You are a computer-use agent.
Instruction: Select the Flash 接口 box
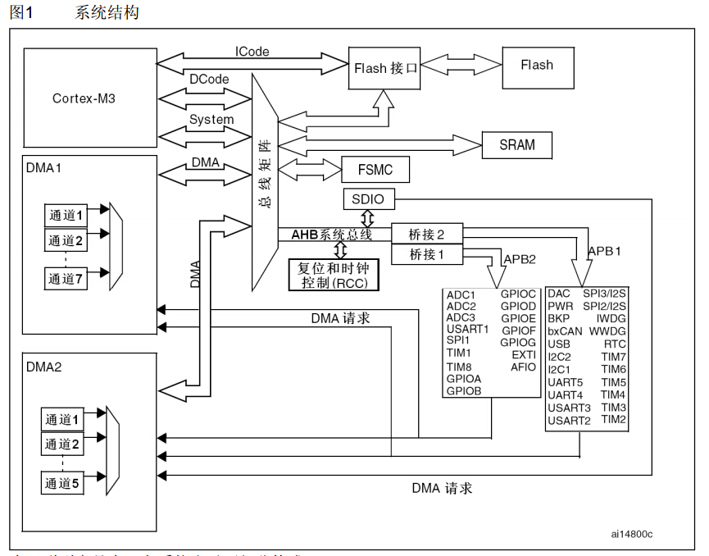click(x=385, y=69)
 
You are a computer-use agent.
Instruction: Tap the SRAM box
click(x=516, y=145)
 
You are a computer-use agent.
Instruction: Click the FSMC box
click(x=375, y=170)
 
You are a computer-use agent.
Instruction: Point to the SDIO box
click(x=367, y=198)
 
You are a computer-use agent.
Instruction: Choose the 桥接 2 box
click(x=427, y=234)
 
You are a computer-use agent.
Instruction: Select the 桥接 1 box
click(x=427, y=255)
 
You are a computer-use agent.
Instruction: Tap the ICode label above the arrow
click(x=252, y=52)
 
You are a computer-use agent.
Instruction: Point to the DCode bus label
click(x=209, y=80)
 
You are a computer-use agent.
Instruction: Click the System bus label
click(x=211, y=120)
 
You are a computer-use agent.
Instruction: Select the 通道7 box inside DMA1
click(x=66, y=279)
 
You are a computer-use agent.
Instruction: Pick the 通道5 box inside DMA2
click(x=63, y=483)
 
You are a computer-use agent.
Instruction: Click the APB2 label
click(x=519, y=259)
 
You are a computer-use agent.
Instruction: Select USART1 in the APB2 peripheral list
click(x=467, y=329)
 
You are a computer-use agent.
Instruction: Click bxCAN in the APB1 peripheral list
click(x=565, y=331)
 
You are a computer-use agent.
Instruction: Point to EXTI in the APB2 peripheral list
click(x=524, y=355)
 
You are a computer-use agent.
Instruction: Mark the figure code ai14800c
click(x=631, y=534)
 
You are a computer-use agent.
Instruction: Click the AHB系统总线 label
click(x=331, y=235)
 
